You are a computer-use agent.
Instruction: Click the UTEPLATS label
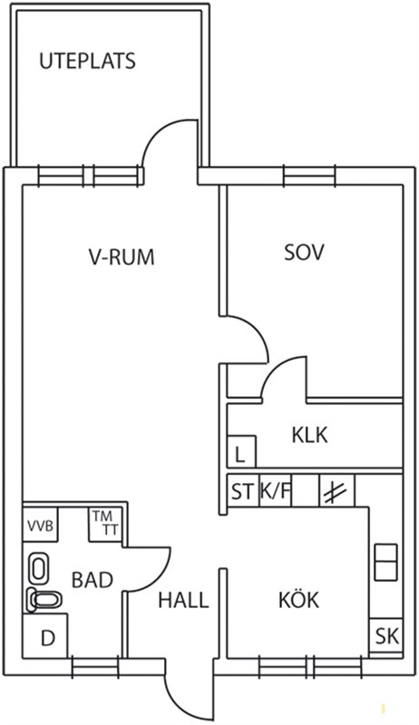tap(87, 62)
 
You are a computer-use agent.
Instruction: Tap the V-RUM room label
tap(122, 256)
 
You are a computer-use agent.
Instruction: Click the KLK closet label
tap(309, 435)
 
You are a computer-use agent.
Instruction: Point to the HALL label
tap(183, 600)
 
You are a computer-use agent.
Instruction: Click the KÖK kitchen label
tap(298, 599)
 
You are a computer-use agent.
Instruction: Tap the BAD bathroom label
tap(93, 580)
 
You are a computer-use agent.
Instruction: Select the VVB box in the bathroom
tap(40, 525)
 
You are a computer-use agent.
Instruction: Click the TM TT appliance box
tap(107, 525)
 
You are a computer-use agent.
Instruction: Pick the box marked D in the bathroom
tap(45, 635)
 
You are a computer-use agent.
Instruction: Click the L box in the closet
tap(241, 450)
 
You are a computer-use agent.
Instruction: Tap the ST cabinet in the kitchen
tap(243, 490)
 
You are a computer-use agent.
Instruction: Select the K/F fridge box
tap(276, 490)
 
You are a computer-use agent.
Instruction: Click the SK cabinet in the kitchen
tap(386, 637)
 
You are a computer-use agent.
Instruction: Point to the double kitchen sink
tap(385, 562)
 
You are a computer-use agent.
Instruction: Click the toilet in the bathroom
tap(44, 600)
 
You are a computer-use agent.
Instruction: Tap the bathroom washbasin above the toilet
tap(39, 568)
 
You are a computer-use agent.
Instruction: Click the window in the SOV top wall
tap(309, 176)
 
